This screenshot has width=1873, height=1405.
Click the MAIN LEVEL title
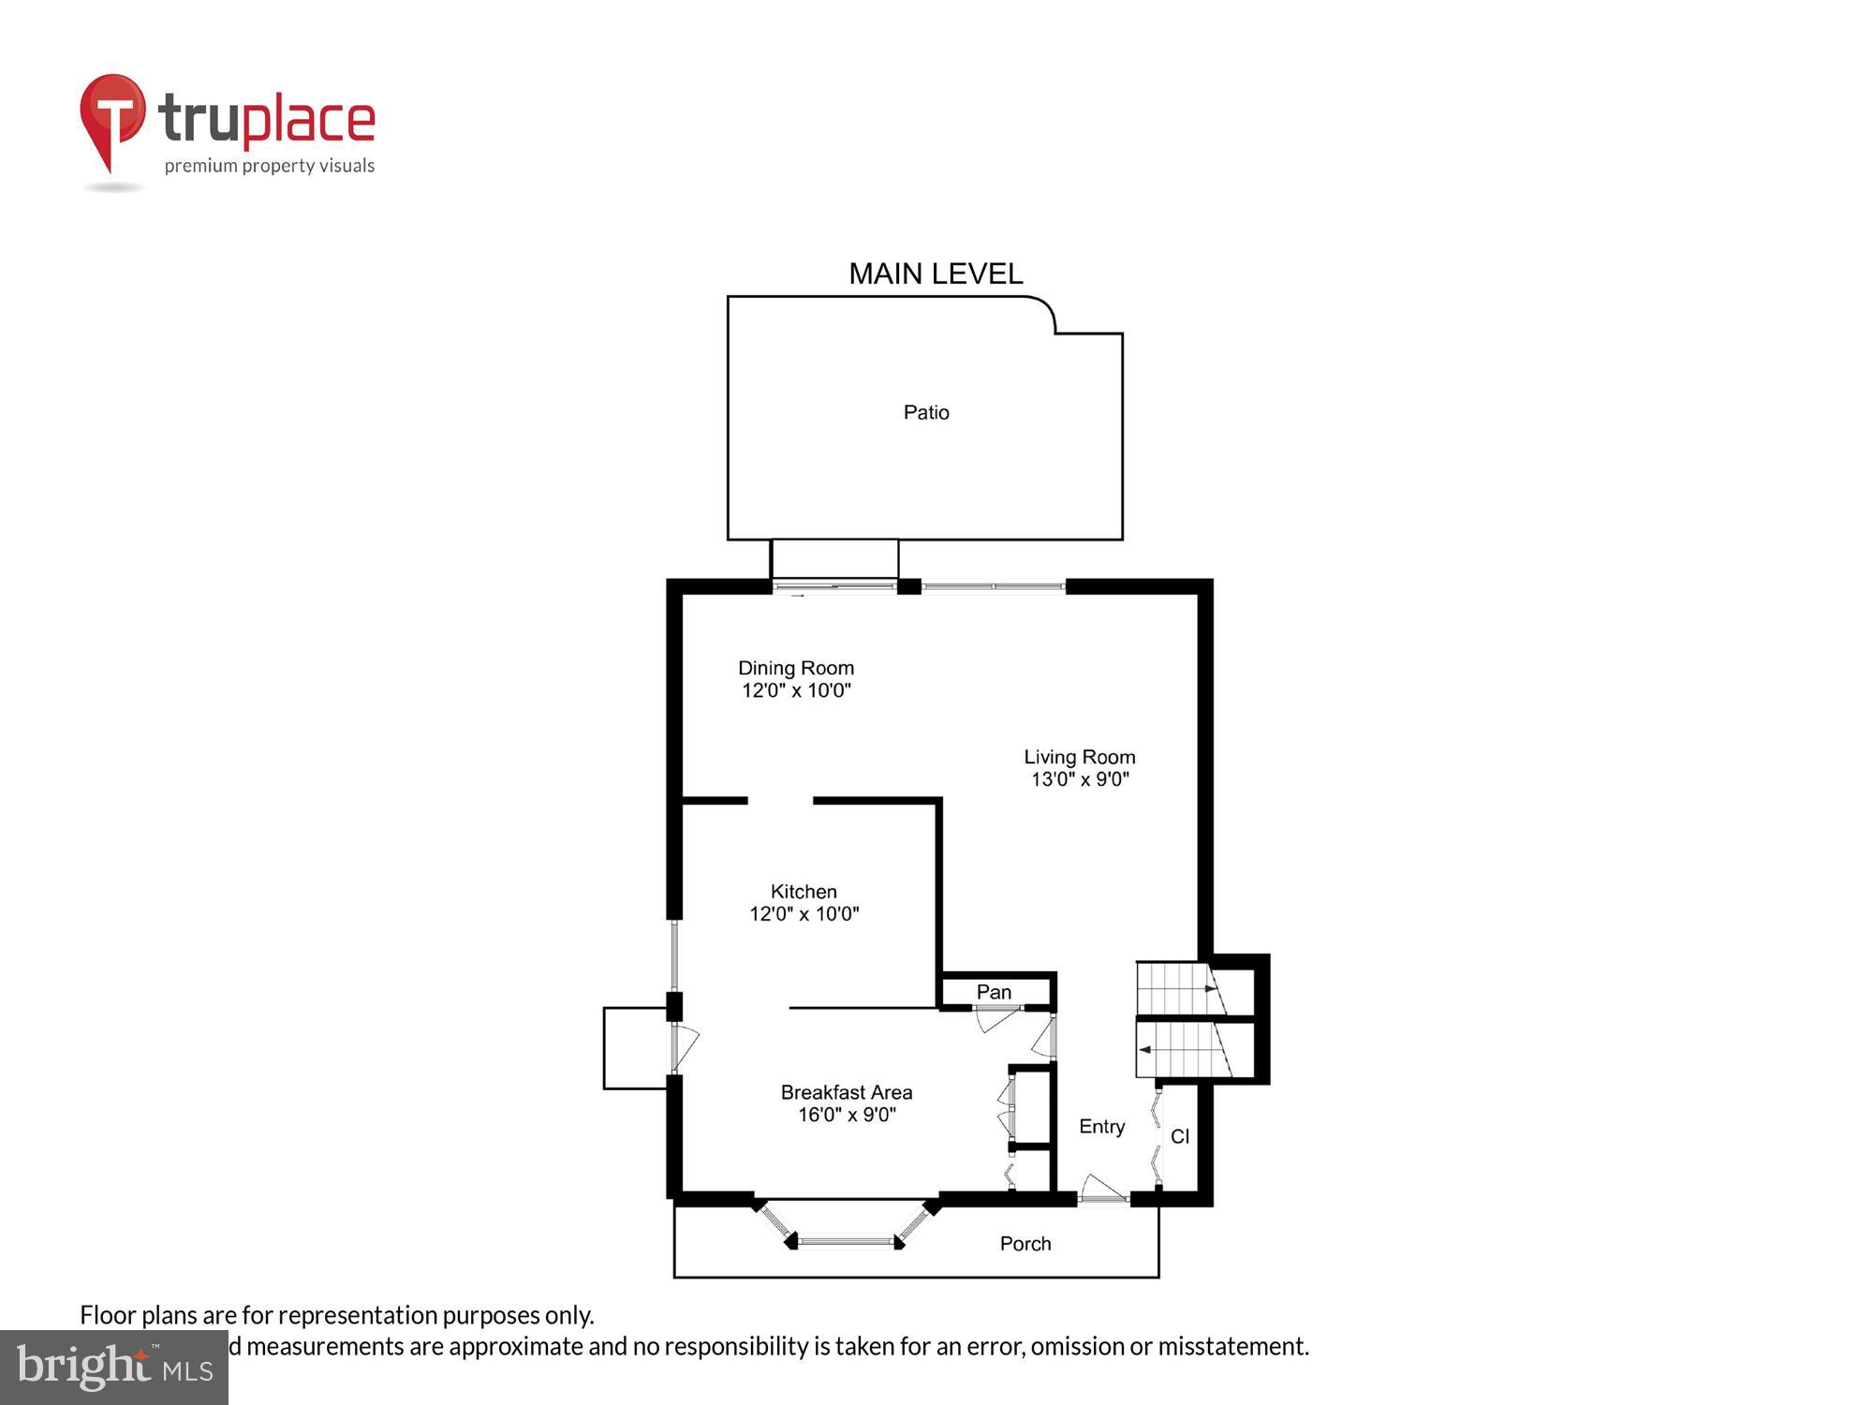[x=936, y=274]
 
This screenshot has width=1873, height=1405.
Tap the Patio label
[x=926, y=412]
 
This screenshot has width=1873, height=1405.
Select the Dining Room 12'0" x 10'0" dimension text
[x=796, y=690]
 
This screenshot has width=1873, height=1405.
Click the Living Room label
[x=1079, y=757]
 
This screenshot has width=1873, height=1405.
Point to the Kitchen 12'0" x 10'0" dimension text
[x=804, y=913]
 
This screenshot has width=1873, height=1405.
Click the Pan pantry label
[x=994, y=992]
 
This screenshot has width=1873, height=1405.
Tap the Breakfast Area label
[x=846, y=1092]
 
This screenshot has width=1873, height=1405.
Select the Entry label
[x=1101, y=1127]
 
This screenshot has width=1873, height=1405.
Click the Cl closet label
[x=1180, y=1136]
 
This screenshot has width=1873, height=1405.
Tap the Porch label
[x=1025, y=1244]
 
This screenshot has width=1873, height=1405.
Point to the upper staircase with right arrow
[x=1179, y=988]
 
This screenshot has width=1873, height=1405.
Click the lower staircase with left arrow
[x=1183, y=1050]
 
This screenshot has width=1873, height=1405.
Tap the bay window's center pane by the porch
[x=846, y=1242]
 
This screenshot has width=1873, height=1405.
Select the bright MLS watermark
[x=114, y=1368]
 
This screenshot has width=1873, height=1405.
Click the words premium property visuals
[x=270, y=167]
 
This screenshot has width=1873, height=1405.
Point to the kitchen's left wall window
[x=674, y=955]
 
